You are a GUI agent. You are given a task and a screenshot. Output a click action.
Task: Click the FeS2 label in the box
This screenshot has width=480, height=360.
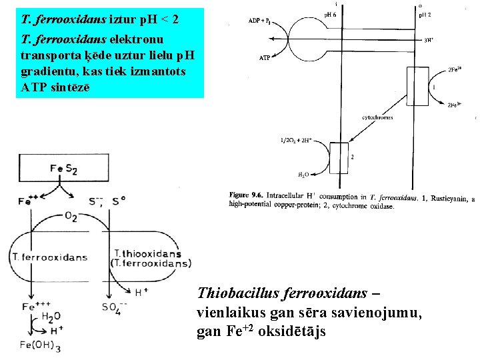pos(63,169)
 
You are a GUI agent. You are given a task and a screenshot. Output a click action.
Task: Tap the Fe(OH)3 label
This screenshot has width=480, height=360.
pos(40,346)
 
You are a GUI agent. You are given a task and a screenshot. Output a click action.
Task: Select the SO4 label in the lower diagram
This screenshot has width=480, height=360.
pos(112,308)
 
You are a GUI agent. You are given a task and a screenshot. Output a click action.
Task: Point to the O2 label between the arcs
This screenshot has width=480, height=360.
pos(70,217)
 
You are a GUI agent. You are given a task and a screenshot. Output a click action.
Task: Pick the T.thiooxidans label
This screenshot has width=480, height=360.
pos(147,253)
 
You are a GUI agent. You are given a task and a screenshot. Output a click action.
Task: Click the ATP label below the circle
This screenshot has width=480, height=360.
pos(265,57)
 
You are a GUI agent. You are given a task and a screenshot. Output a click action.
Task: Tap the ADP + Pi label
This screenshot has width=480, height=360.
pos(263,21)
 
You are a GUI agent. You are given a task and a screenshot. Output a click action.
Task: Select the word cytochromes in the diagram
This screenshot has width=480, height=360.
pos(377,117)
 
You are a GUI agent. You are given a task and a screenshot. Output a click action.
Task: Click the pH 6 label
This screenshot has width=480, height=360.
pos(331,14)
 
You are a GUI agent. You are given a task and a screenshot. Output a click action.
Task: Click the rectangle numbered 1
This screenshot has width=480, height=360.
pos(418,88)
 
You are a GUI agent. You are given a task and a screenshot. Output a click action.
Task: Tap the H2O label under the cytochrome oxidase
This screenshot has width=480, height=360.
pos(303,174)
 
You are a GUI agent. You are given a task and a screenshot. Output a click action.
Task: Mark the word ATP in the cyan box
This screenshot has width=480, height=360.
pos(34,87)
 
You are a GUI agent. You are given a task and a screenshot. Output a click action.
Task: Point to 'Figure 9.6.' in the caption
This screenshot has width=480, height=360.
pos(247,196)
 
